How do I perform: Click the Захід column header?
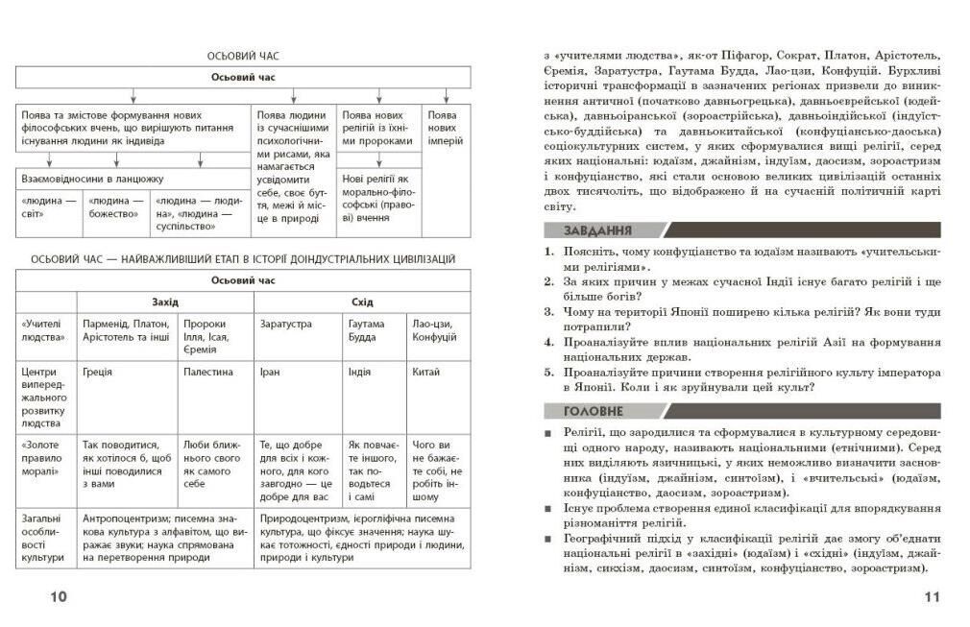165,301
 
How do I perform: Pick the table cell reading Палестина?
207,372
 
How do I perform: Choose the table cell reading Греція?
98,372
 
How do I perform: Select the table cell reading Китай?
425,372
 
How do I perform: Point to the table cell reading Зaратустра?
285,325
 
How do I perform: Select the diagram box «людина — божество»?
113,207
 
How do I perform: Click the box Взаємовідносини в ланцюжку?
92,179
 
